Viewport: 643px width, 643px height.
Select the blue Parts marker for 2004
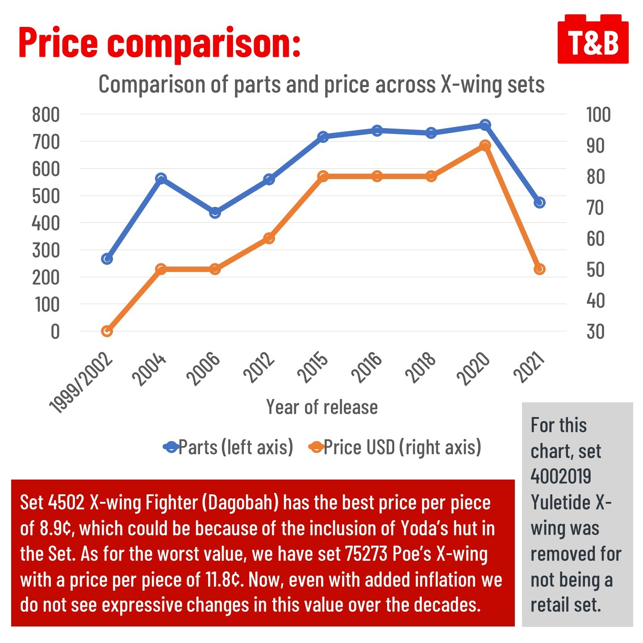click(161, 179)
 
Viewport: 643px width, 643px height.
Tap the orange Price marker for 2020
click(485, 146)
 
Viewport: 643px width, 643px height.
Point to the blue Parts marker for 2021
click(539, 203)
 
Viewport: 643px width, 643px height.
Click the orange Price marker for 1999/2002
click(107, 331)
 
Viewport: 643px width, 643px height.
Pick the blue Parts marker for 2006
click(215, 213)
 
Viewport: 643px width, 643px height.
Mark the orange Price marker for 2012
click(269, 238)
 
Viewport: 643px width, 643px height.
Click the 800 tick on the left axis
click(46, 115)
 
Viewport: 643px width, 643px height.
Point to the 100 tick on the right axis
click(598, 115)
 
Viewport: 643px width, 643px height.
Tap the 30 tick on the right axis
click(595, 332)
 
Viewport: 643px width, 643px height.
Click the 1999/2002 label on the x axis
click(81, 383)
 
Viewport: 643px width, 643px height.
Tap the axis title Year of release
click(322, 407)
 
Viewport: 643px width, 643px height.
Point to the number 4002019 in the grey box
click(561, 476)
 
